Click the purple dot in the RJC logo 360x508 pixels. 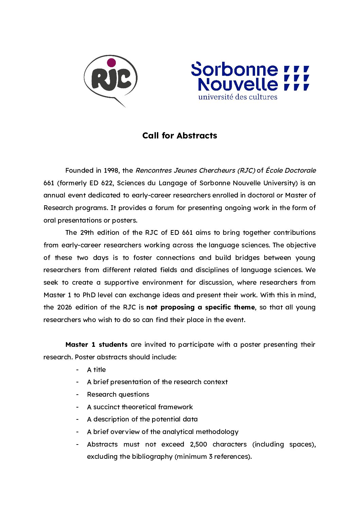point(111,63)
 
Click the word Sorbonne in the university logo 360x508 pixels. point(234,70)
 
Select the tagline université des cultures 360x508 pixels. point(238,97)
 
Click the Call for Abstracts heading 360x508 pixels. point(180,136)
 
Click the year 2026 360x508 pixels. point(65,307)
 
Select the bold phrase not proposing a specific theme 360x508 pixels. point(200,307)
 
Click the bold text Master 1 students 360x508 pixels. point(96,344)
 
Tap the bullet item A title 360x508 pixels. point(96,370)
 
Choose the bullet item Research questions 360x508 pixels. point(118,394)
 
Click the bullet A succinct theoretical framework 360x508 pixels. point(140,407)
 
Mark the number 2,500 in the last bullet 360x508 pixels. point(199,444)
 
